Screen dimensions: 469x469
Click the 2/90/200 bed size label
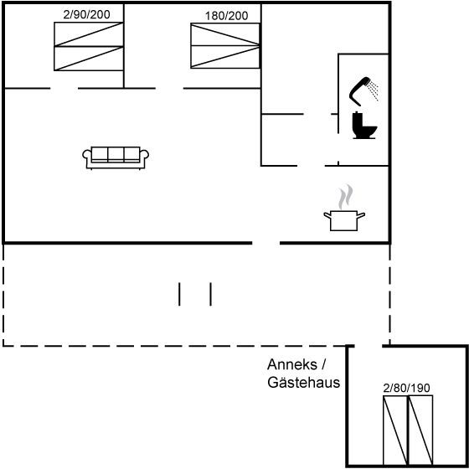(86, 14)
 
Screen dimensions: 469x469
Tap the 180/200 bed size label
(226, 16)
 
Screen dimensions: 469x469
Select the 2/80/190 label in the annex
(406, 388)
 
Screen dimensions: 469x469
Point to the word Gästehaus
(303, 382)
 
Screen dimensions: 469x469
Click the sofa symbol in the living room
(116, 158)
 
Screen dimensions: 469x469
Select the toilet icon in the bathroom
(364, 126)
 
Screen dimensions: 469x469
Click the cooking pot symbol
(344, 220)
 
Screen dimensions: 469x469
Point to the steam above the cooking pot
(345, 197)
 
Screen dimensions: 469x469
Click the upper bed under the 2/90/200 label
(89, 34)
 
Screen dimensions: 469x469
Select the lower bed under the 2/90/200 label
(89, 59)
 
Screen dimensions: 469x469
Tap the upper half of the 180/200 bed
(225, 34)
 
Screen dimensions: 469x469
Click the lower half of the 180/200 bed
(225, 57)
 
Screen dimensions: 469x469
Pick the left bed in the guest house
(395, 430)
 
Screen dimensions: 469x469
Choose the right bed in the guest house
(420, 430)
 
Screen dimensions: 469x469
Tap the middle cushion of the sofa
(116, 154)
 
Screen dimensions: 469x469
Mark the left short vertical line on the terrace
(179, 294)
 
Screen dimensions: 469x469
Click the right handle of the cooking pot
(361, 215)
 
